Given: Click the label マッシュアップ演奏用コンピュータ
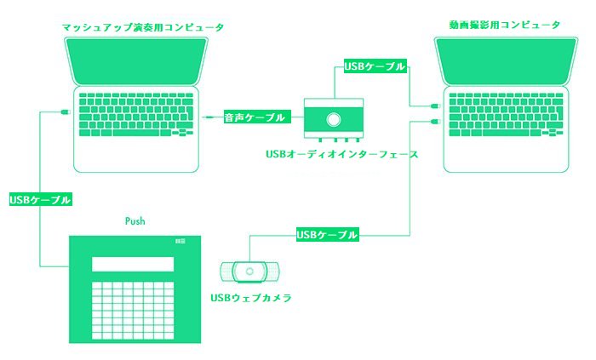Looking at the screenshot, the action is [143, 27].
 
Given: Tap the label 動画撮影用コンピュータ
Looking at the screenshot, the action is [505, 25].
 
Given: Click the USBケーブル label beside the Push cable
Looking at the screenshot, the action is [41, 200].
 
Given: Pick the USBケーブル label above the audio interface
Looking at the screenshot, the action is [375, 66].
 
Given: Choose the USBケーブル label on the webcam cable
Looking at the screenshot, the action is [327, 235].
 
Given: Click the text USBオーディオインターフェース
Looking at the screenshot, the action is [341, 154].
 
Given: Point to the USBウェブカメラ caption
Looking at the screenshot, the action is [251, 298].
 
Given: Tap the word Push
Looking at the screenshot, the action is [135, 221].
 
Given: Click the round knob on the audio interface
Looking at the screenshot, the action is [334, 120].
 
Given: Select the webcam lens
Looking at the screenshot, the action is [249, 271].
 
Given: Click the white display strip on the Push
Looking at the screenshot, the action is [133, 264].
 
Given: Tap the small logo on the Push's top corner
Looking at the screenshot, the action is [181, 241].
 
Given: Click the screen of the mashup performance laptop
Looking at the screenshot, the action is [136, 60].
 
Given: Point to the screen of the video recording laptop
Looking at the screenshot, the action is [506, 60].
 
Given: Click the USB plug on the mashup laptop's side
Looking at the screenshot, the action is [66, 111].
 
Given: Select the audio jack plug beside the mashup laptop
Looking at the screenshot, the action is [208, 117].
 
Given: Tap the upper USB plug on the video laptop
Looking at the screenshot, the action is [435, 106].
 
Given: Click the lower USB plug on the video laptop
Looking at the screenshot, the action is [435, 122].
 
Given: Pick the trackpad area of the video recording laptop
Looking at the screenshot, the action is [506, 155].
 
